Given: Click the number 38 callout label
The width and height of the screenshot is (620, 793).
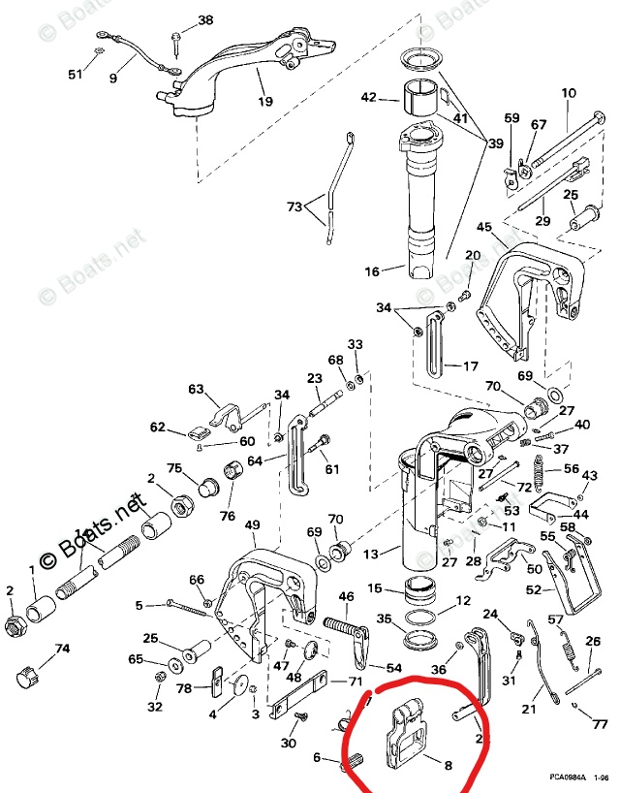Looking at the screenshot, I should click(x=205, y=20).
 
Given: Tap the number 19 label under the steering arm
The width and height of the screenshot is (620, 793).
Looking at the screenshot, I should click(x=265, y=100).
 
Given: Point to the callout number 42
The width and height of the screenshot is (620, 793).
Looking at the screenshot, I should click(x=368, y=97).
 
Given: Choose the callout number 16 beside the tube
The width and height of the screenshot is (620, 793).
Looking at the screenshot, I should click(x=372, y=272).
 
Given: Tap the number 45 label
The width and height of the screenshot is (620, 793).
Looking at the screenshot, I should click(x=484, y=226).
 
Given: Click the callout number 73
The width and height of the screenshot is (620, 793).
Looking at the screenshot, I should click(x=294, y=206).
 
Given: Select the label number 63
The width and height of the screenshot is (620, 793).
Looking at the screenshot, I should click(x=197, y=390).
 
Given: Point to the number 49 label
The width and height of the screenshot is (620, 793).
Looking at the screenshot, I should click(x=253, y=525).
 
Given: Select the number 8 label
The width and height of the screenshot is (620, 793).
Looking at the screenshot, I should click(x=447, y=765).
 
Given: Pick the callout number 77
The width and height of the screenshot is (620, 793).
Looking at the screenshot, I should click(x=600, y=724).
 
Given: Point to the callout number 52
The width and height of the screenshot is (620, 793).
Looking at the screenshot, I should click(x=533, y=589).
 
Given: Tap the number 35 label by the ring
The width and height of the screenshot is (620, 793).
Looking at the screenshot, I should click(x=384, y=618).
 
